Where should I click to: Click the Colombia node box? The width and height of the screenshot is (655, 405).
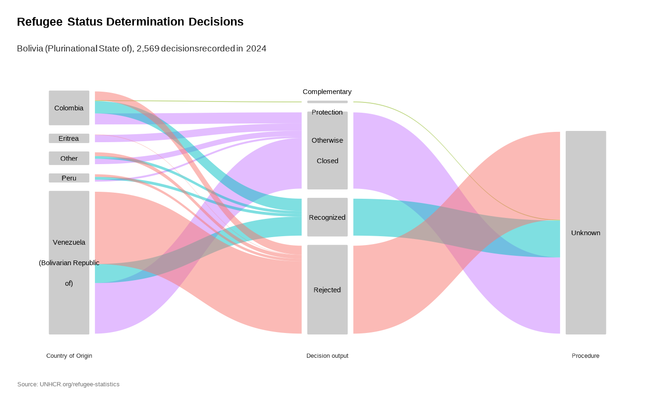tap(69, 108)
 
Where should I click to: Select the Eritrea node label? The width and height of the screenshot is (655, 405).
tap(69, 138)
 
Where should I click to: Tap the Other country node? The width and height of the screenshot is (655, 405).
tap(69, 158)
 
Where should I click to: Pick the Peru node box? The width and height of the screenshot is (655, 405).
tap(69, 178)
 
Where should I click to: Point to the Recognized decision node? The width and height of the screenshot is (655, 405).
tap(327, 217)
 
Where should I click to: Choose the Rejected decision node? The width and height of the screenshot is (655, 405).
tap(327, 290)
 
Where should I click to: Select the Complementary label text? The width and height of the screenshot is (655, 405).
tap(327, 92)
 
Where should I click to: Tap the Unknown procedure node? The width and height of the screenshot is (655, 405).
tap(586, 233)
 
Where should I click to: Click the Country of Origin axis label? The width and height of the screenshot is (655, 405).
tap(69, 356)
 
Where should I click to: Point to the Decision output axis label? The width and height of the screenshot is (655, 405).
tap(327, 356)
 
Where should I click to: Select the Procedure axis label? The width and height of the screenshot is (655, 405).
tap(585, 356)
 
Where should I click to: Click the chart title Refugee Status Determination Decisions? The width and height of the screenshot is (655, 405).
tap(130, 22)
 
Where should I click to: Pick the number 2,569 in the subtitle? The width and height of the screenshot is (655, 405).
tap(147, 49)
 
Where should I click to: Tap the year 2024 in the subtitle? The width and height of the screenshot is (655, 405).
tap(256, 49)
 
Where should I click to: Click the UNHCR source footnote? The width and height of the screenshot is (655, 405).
tap(68, 384)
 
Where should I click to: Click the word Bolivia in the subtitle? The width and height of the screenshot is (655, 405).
tap(29, 49)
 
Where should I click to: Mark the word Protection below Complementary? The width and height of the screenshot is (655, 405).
tap(327, 112)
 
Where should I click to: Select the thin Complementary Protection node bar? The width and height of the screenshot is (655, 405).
tap(327, 101)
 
